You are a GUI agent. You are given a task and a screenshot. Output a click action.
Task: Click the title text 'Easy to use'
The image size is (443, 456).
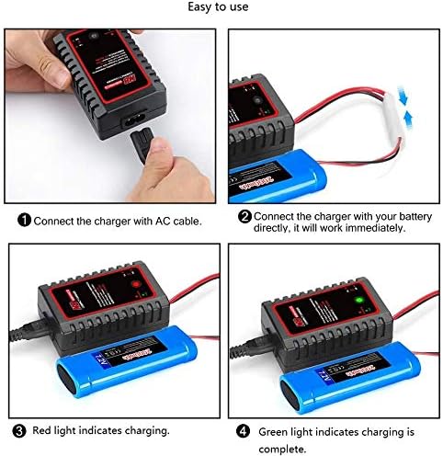(221, 8)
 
